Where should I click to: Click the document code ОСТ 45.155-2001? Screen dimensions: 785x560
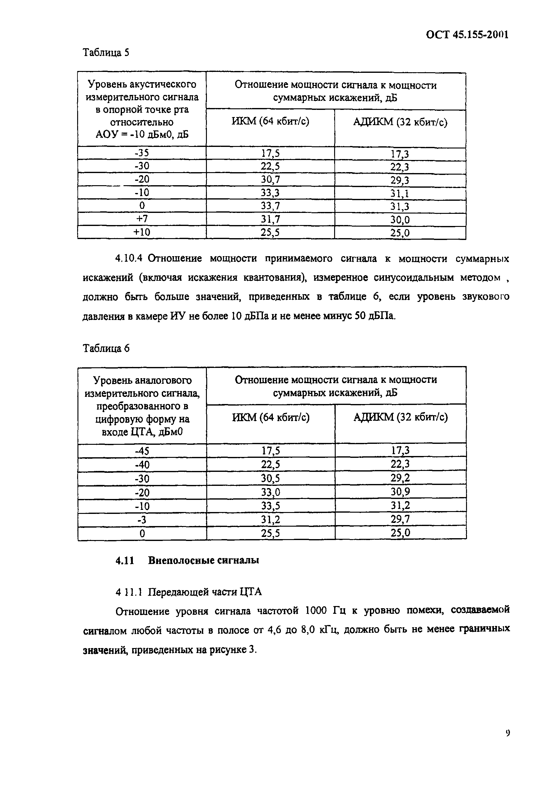click(467, 35)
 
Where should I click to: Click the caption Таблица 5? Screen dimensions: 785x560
click(106, 53)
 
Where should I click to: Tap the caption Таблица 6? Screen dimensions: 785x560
click(106, 348)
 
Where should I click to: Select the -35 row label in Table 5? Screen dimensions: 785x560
click(142, 153)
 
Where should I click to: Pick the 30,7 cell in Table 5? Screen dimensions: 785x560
click(270, 180)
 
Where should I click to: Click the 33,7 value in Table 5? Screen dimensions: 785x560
click(270, 206)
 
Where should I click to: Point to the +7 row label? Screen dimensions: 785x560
click(142, 219)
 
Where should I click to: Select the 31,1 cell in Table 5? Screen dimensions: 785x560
click(400, 194)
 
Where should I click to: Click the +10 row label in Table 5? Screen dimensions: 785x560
click(142, 232)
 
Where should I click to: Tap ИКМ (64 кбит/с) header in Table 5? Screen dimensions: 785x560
click(270, 122)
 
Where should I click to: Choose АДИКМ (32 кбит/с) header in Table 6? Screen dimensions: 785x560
click(400, 418)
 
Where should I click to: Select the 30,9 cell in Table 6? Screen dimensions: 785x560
click(400, 492)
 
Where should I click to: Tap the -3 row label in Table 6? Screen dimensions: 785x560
click(142, 520)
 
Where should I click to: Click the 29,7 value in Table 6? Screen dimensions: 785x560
click(400, 519)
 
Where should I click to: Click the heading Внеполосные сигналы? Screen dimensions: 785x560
click(203, 561)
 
